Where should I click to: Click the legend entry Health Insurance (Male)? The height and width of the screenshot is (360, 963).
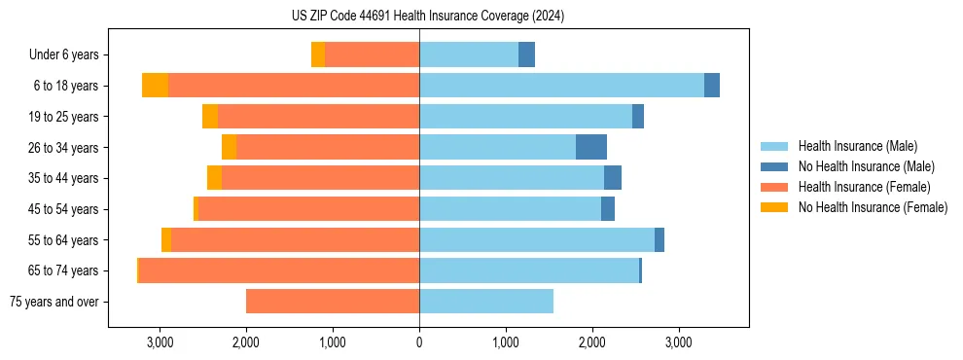point(857,146)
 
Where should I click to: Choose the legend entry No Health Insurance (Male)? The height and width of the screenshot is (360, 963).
point(866,166)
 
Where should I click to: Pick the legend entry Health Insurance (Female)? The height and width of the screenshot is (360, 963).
point(865,187)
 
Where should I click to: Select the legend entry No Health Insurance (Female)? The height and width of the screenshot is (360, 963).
point(873,207)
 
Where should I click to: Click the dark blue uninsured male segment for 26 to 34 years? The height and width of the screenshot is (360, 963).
point(591,147)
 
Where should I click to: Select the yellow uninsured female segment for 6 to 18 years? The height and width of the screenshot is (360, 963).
point(155,86)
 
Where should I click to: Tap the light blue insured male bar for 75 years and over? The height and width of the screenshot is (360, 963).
point(486,302)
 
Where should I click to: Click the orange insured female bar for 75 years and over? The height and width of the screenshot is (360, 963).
point(333,302)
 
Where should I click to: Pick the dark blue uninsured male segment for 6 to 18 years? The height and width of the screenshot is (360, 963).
point(712,86)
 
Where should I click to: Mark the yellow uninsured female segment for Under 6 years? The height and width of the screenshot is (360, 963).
point(318,54)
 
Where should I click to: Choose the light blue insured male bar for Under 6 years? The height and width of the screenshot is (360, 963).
point(469,54)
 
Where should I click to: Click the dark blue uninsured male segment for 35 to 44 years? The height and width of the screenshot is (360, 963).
point(613,178)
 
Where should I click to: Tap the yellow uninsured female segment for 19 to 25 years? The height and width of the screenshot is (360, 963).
point(210,117)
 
